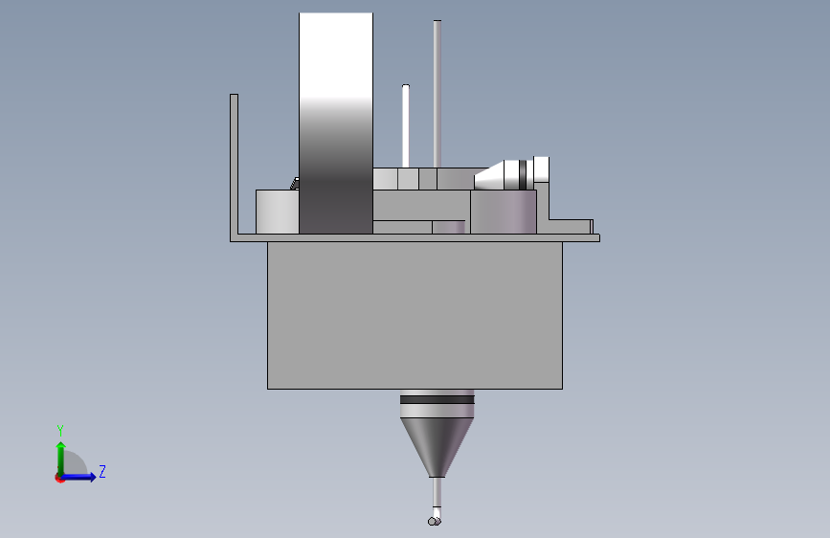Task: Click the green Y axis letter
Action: (x=60, y=430)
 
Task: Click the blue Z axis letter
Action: (x=102, y=471)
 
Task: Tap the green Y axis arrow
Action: (x=61, y=459)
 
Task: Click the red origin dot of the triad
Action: (x=59, y=478)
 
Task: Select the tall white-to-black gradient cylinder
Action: (x=336, y=123)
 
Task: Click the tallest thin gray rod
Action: (x=437, y=94)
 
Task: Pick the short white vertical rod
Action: (x=406, y=126)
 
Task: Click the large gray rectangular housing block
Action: (x=415, y=315)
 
